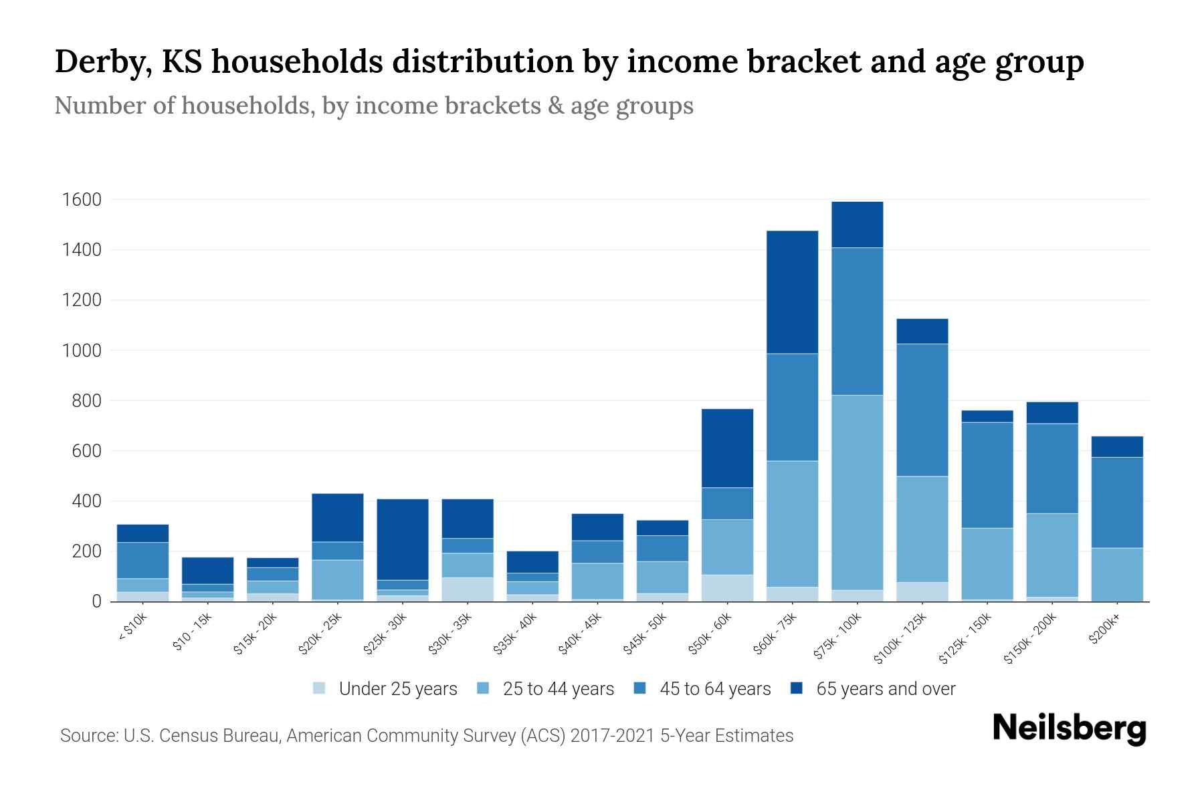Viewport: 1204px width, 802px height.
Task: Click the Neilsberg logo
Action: click(x=1069, y=728)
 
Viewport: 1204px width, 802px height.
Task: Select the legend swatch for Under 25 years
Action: click(x=320, y=688)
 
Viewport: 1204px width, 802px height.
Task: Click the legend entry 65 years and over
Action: click(x=885, y=689)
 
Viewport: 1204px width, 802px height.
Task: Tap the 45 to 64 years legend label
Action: click(x=714, y=689)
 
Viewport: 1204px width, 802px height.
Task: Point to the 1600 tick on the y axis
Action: click(x=82, y=200)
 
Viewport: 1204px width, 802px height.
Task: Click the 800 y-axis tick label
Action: click(x=86, y=401)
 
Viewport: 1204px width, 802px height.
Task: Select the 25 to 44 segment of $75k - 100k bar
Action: click(x=858, y=493)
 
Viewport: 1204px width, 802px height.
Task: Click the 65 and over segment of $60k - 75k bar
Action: click(x=793, y=292)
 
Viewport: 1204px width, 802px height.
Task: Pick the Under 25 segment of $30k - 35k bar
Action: click(x=468, y=589)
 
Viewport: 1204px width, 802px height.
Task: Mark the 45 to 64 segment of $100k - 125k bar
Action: click(x=922, y=410)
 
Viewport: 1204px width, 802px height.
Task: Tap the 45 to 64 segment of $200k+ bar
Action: click(x=1117, y=503)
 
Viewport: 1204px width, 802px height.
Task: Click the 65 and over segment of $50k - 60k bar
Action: click(x=728, y=448)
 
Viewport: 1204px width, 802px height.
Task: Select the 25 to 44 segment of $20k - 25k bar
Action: click(x=338, y=579)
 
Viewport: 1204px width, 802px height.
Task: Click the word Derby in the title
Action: click(x=97, y=62)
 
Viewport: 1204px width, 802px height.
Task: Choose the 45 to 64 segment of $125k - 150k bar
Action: click(x=987, y=475)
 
